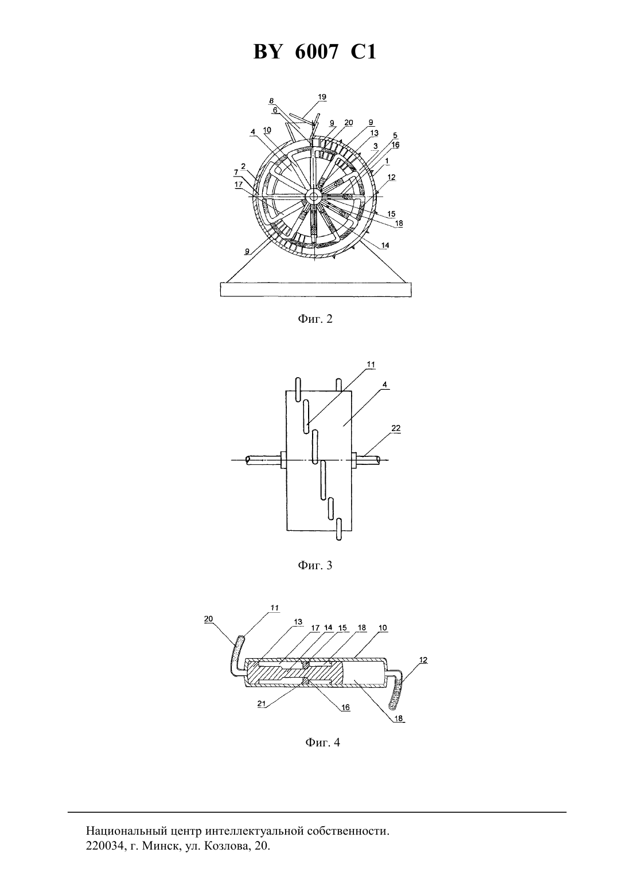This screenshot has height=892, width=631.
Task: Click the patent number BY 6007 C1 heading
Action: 315,52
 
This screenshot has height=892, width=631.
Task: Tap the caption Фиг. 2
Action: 315,319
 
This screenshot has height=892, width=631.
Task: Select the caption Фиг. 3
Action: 315,565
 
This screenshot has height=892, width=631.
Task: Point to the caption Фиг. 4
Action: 322,743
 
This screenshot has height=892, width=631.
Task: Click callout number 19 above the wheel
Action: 322,97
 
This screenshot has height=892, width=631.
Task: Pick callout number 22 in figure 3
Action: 396,428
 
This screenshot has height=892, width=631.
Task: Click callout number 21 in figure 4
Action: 262,703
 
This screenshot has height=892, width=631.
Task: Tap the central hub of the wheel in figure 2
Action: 314,196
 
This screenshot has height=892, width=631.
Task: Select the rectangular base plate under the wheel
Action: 316,289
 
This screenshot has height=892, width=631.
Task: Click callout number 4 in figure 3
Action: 384,385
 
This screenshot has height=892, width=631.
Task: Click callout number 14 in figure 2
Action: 385,245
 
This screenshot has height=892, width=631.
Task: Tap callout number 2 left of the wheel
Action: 243,166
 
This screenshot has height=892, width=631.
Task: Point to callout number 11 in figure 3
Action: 371,365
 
